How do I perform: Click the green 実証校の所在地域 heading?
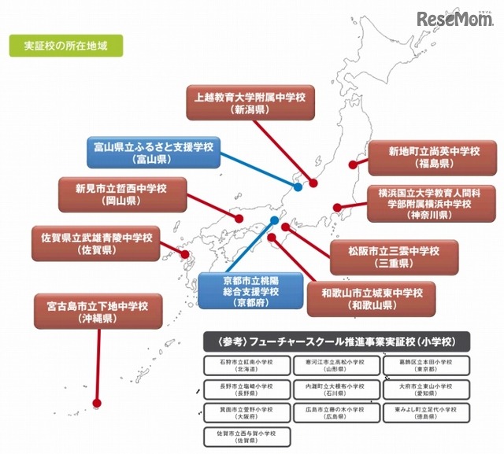66,46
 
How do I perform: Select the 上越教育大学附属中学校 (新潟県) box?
250,102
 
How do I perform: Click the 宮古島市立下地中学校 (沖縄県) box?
98,310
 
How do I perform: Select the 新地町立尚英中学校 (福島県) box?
432,157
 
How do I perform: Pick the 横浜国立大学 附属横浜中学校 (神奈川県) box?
433,203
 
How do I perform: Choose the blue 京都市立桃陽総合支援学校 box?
239,290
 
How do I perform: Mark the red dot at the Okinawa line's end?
97,403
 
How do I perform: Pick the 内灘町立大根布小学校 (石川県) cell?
334,389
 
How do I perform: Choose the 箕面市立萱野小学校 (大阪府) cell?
243,413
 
